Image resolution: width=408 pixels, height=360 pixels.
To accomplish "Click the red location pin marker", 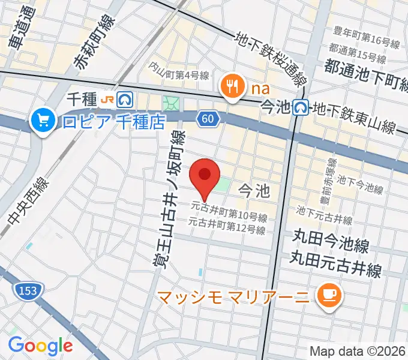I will click(x=205, y=176).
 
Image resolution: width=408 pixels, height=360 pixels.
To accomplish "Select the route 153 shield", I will click(x=23, y=291).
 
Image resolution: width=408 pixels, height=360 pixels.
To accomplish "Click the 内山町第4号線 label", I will click(x=179, y=74).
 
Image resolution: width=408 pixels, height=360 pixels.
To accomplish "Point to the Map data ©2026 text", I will click(x=357, y=351).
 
